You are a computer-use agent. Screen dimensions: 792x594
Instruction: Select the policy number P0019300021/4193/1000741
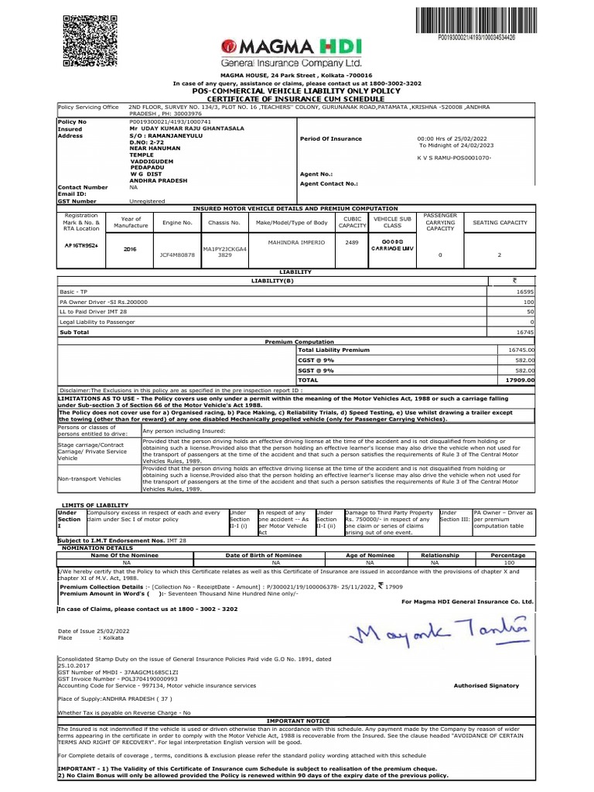pyautogui.click(x=166, y=122)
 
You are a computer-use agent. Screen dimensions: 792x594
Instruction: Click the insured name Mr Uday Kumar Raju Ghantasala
pyautogui.click(x=180, y=129)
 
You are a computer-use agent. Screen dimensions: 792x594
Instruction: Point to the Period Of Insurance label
pyautogui.click(x=330, y=138)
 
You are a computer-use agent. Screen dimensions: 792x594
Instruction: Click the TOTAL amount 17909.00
pyautogui.click(x=520, y=381)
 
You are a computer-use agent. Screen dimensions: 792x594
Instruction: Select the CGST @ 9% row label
pyautogui.click(x=316, y=360)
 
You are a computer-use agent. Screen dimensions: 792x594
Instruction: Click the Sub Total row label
pyautogui.click(x=75, y=331)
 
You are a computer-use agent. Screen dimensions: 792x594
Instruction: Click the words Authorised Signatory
pyautogui.click(x=486, y=685)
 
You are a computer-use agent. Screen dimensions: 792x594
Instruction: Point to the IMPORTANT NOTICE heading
pyautogui.click(x=297, y=720)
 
